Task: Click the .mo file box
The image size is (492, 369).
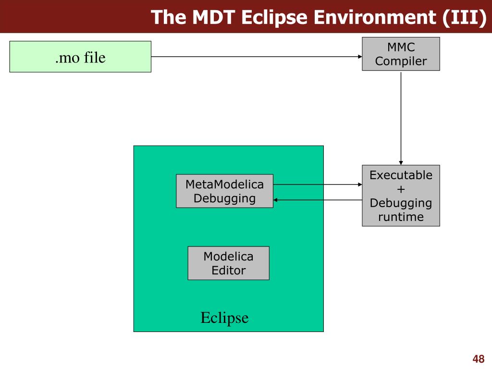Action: (x=80, y=57)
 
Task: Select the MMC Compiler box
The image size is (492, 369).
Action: (x=401, y=54)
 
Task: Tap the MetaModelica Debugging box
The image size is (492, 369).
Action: (x=224, y=191)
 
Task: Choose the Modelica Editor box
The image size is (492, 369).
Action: (x=228, y=263)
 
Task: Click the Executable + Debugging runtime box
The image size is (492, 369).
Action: (x=401, y=196)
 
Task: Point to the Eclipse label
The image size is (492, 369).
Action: (x=224, y=318)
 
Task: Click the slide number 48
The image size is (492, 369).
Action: (x=478, y=359)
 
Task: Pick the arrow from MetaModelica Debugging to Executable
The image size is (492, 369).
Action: (x=318, y=184)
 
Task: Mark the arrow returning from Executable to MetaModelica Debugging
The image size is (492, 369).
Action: (x=318, y=199)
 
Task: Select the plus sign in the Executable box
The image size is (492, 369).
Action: (x=401, y=189)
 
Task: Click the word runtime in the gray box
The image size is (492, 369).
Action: (x=401, y=217)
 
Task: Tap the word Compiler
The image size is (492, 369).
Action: (x=401, y=61)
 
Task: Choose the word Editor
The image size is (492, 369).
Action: (x=228, y=270)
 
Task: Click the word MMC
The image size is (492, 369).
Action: (x=401, y=47)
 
